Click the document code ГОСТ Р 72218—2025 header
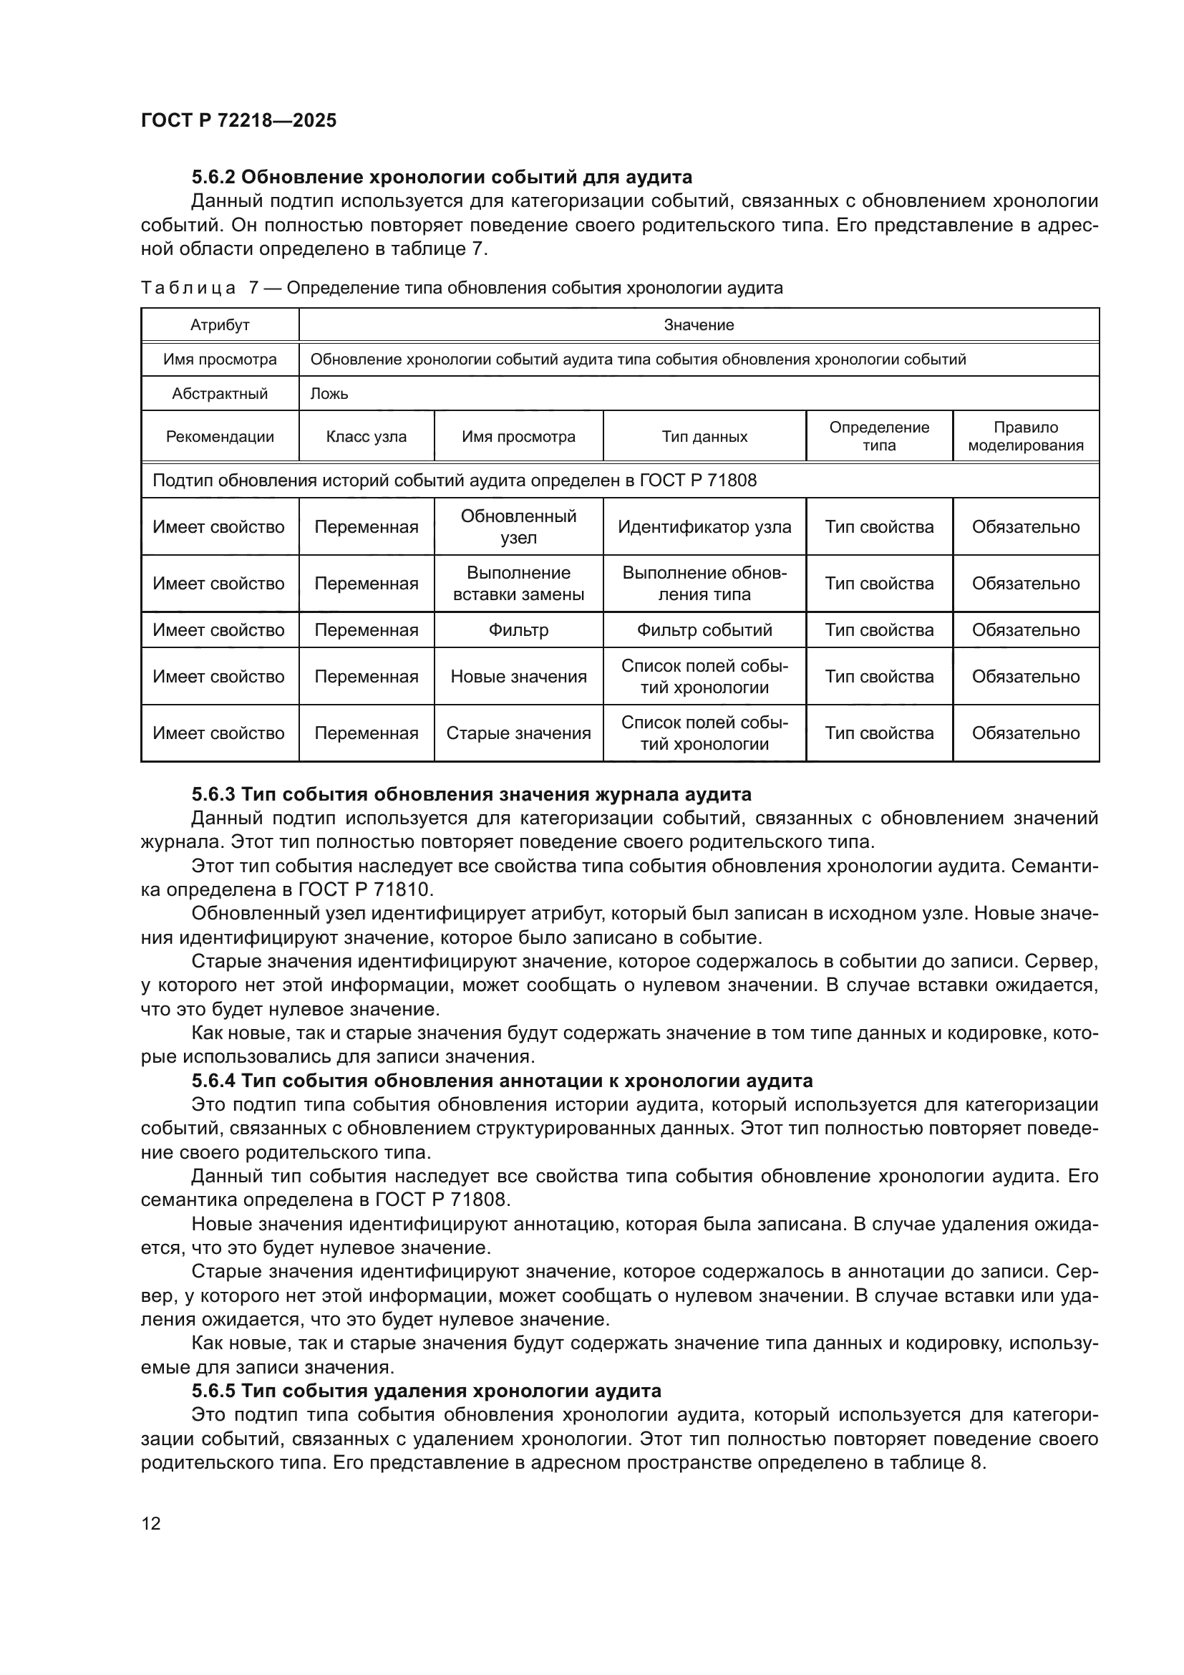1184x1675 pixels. tap(238, 120)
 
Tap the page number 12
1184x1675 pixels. tap(151, 1523)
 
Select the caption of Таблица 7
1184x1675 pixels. tap(462, 288)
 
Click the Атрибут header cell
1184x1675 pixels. tap(220, 325)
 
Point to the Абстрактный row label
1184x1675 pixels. tap(220, 394)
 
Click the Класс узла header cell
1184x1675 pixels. tap(366, 437)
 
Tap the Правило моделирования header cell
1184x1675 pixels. tap(1025, 436)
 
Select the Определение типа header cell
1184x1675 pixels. tap(878, 436)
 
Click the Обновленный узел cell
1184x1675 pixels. tap(518, 527)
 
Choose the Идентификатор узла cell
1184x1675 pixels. tap(704, 527)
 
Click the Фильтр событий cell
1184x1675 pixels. tap(704, 629)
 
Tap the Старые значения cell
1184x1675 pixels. tap(518, 733)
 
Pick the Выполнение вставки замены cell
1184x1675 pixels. tap(518, 583)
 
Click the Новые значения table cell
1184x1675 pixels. tap(518, 676)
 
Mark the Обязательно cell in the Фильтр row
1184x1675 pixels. tap(1025, 629)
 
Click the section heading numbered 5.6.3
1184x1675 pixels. tap(471, 793)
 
